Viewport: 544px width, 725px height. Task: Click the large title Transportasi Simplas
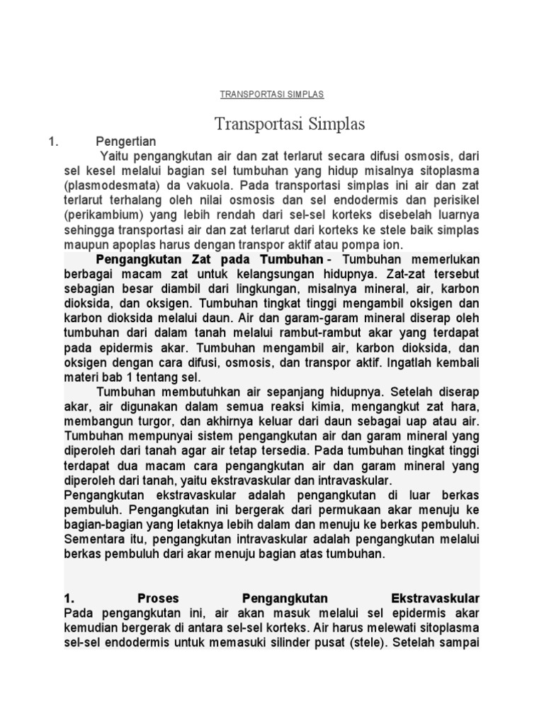click(290, 125)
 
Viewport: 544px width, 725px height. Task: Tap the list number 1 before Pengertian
click(51, 142)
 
